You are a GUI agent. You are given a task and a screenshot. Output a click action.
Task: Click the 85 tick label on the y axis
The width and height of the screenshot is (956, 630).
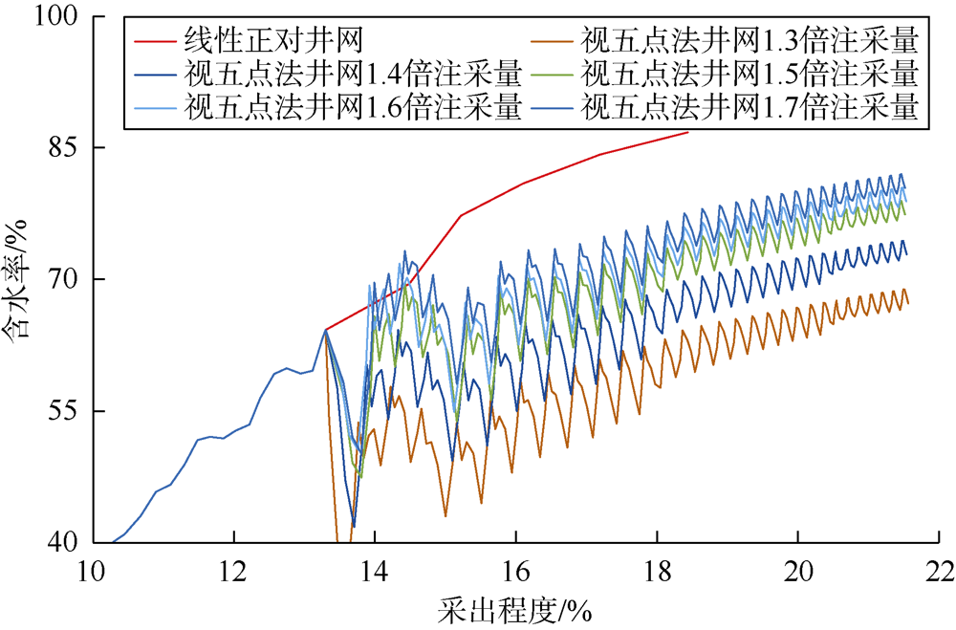(63, 148)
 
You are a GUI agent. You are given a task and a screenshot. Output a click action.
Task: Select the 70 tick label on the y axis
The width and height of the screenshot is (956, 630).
(63, 279)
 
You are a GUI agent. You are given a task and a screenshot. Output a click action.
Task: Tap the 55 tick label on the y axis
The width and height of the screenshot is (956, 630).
(63, 411)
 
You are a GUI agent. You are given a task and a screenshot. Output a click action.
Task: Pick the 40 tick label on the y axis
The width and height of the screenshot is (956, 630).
(63, 542)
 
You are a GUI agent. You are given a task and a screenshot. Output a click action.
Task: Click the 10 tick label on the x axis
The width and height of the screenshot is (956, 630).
(91, 568)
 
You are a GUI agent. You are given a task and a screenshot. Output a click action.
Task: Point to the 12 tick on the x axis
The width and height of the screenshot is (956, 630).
(232, 568)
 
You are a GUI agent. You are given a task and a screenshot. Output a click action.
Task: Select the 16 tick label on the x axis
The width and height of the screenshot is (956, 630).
(515, 568)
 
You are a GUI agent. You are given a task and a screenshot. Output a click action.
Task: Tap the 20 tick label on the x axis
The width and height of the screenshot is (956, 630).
(798, 568)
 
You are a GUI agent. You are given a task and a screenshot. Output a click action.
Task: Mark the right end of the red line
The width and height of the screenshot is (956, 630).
(688, 132)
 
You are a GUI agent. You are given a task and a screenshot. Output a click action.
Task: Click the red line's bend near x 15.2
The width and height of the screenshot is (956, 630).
(460, 216)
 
